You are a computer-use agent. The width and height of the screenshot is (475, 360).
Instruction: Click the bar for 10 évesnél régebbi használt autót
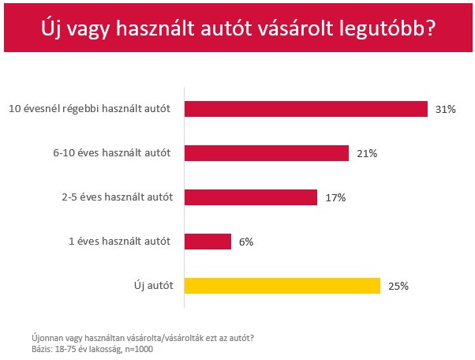306,109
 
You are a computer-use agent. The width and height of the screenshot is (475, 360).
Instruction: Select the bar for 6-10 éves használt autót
267,153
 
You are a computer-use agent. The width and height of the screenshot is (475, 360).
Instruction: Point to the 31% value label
446,109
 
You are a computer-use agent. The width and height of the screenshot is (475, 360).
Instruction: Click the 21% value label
367,153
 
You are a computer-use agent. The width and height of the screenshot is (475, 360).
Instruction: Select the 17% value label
335,197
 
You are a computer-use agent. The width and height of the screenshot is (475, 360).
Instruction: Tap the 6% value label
246,242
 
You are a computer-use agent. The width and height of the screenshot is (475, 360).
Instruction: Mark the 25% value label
398,286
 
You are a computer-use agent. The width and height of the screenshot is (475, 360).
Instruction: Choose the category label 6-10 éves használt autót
117,153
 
